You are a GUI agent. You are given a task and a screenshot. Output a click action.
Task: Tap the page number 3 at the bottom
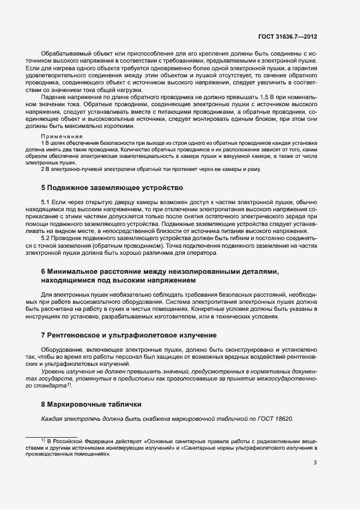tap(315, 463)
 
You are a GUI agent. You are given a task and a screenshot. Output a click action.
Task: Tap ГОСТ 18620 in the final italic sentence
tap(274, 419)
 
